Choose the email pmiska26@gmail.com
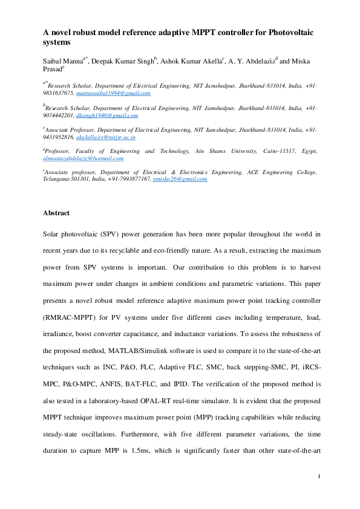(180, 180)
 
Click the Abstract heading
(56, 213)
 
